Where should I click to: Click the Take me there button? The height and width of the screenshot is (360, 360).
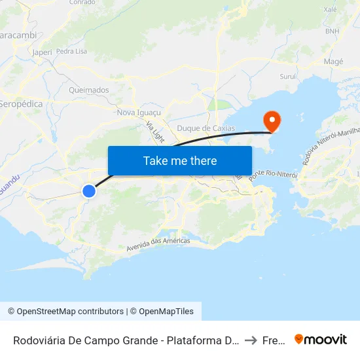coord(180,160)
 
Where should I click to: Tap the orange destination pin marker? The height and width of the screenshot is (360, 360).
coord(271,120)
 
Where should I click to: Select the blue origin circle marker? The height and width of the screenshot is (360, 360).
coord(89,190)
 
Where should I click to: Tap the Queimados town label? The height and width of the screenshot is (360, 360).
coord(88,90)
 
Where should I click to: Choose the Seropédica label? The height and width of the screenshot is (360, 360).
coord(21,104)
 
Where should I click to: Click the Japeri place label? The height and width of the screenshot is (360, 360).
coord(41,52)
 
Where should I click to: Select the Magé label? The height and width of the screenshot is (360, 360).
coord(334,62)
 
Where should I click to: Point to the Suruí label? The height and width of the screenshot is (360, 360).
coord(288,77)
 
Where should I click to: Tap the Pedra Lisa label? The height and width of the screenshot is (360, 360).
coord(71,51)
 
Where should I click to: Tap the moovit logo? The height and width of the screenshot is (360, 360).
coord(321,340)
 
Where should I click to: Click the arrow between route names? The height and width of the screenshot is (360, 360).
coord(251,340)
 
